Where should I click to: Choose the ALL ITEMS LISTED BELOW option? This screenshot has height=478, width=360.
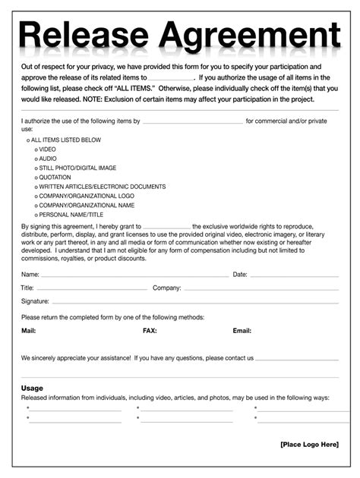click(65, 140)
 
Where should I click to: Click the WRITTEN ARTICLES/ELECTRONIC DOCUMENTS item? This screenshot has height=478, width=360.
click(102, 187)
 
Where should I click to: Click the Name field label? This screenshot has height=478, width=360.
click(30, 274)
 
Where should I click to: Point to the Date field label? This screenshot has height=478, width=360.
click(240, 274)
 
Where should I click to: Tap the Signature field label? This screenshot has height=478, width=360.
click(35, 301)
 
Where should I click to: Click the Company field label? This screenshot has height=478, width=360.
click(166, 288)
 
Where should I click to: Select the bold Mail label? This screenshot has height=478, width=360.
click(29, 331)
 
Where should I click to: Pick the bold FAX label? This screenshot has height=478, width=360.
click(150, 331)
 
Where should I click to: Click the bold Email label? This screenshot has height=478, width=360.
click(242, 331)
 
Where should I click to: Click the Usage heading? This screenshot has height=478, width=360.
click(32, 388)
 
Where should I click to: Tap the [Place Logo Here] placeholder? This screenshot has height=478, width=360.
click(309, 444)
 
